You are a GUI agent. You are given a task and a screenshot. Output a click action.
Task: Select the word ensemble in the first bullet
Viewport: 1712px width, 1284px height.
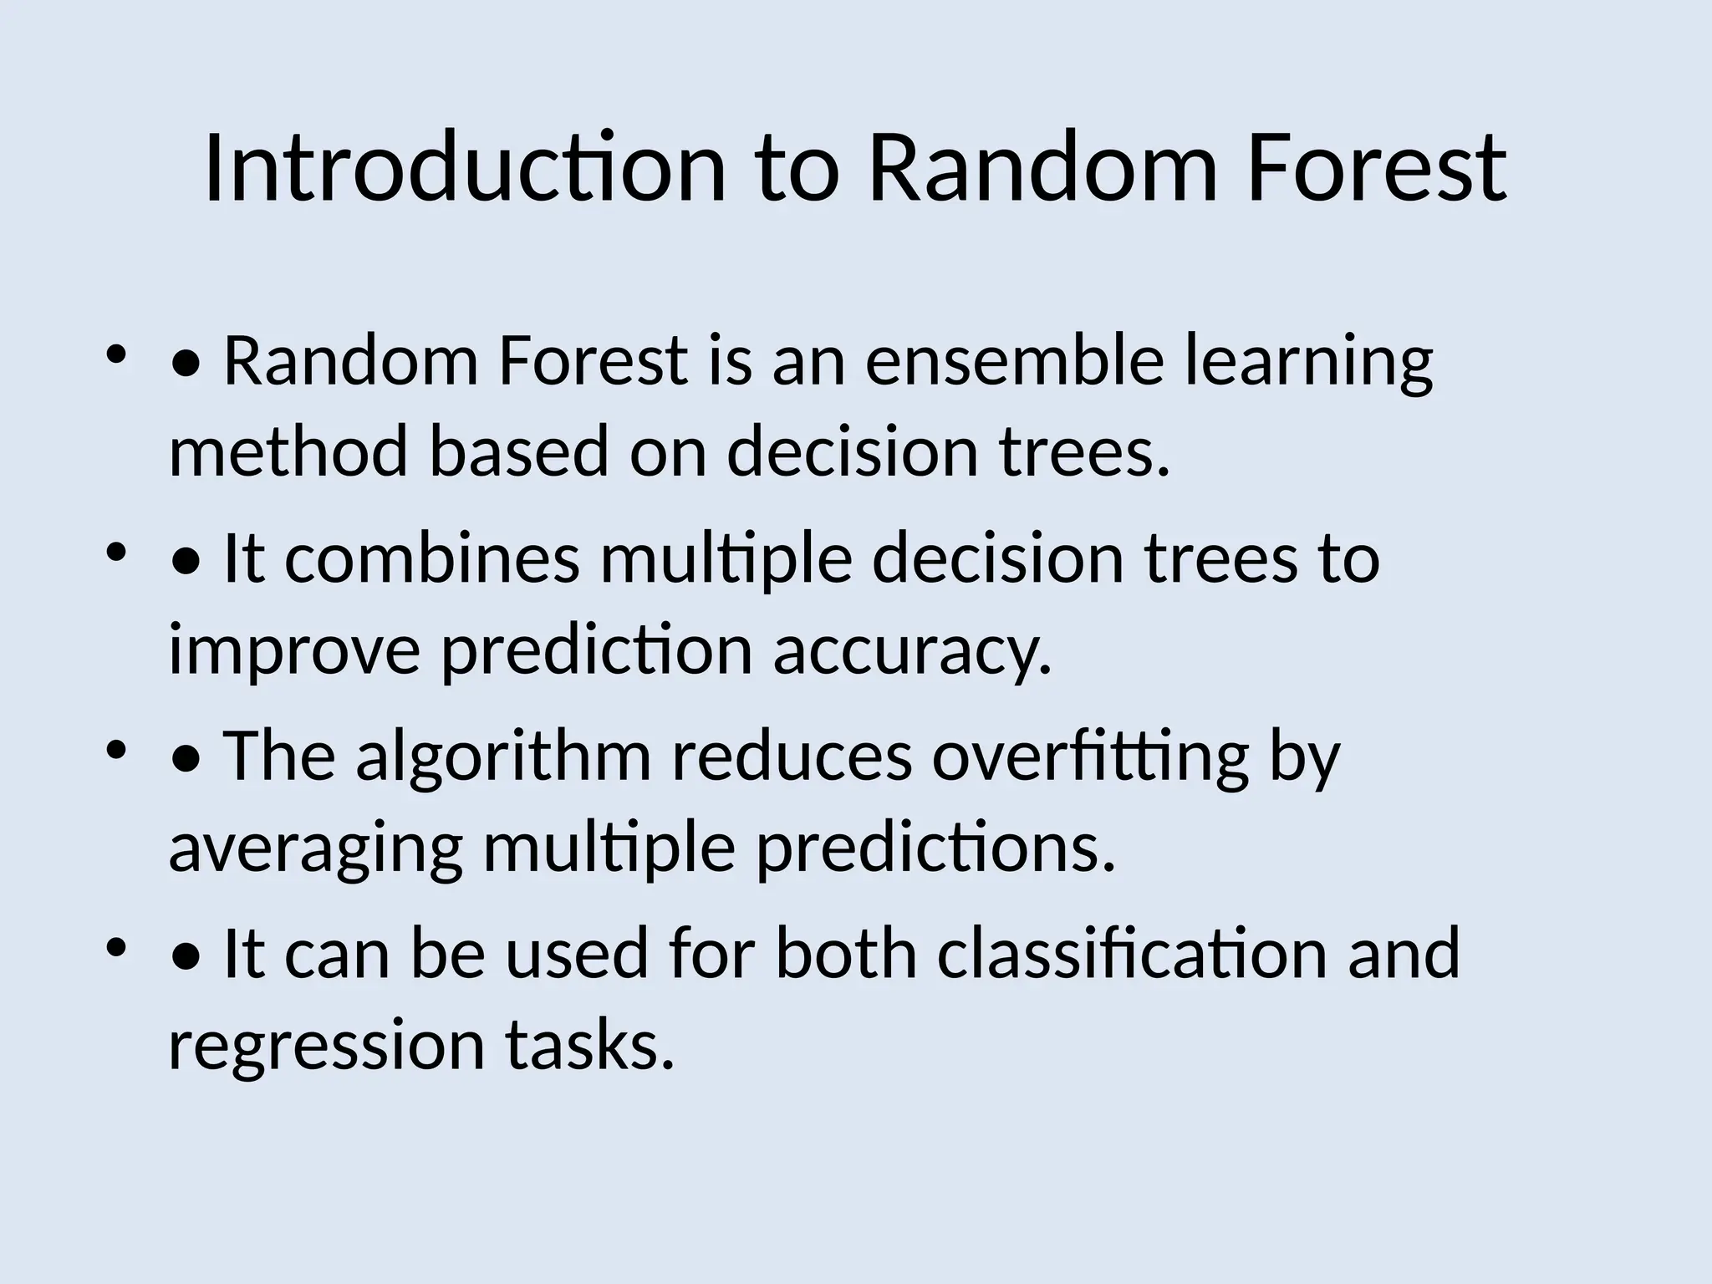pos(1014,363)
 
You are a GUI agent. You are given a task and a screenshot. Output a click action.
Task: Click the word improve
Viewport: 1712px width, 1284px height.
pos(293,651)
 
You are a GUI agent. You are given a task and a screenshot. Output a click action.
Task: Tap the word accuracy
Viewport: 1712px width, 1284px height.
pos(911,651)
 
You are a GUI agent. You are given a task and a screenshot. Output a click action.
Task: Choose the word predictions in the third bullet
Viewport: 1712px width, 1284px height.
pos(935,848)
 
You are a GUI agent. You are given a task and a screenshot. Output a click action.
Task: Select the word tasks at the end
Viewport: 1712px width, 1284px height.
pos(588,1046)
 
